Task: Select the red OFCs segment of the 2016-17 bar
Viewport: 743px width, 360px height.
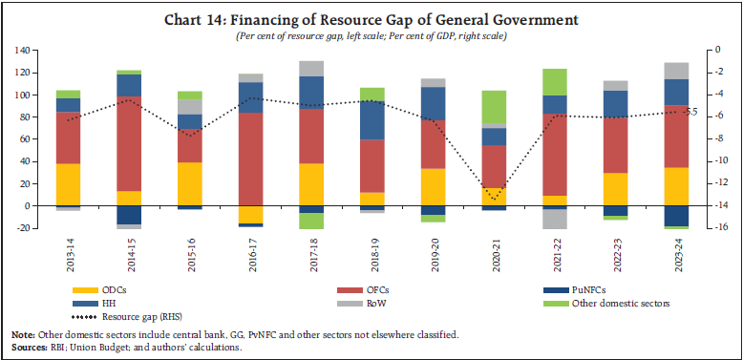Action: coord(250,159)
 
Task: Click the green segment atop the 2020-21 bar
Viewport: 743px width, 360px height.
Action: coord(494,106)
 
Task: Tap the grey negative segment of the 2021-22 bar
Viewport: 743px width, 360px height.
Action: coord(555,219)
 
